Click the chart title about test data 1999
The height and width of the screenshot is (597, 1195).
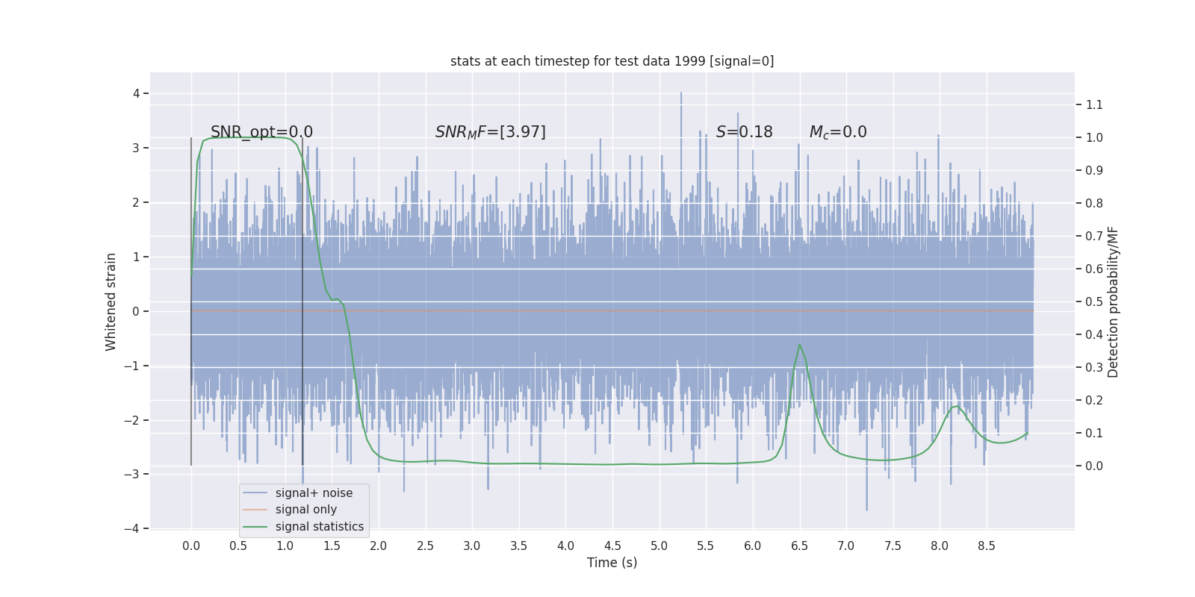click(612, 61)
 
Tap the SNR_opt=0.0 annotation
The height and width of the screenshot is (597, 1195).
click(261, 132)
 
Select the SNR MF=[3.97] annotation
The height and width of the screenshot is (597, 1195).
click(491, 132)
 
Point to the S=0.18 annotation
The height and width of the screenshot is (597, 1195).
click(744, 132)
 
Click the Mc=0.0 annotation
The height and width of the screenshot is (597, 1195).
click(838, 132)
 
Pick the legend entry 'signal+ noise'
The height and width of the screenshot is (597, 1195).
click(314, 493)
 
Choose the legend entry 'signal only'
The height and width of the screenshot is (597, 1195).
click(305, 510)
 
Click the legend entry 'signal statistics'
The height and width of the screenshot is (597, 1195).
click(319, 527)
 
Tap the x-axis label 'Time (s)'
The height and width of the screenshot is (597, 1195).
click(612, 563)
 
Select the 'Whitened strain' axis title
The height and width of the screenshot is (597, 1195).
click(111, 301)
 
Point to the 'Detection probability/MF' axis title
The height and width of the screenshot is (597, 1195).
click(1113, 301)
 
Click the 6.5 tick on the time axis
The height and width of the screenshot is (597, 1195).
click(799, 546)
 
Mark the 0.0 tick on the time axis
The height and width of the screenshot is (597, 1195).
click(191, 546)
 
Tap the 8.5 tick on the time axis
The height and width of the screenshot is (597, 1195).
click(987, 546)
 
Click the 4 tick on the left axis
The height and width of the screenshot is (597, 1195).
click(137, 93)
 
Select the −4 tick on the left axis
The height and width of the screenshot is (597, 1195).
click(132, 528)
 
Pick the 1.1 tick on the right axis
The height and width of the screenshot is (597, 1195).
click(1094, 104)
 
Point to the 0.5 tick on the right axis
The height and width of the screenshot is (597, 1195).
click(1094, 301)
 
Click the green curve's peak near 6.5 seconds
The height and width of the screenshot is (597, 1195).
click(799, 345)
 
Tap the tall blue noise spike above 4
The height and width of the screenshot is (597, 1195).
click(681, 94)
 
